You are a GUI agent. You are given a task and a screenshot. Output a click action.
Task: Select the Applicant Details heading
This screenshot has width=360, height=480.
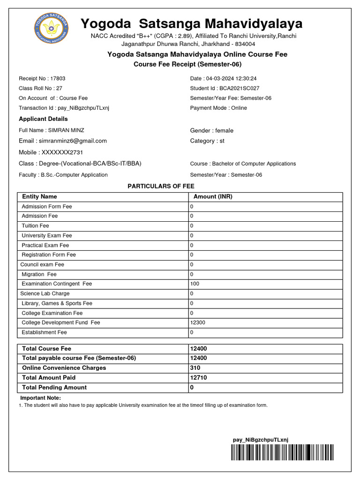43,119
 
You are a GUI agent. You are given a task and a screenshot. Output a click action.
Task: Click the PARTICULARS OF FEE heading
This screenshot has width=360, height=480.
161,186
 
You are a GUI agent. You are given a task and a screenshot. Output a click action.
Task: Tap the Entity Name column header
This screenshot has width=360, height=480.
39,197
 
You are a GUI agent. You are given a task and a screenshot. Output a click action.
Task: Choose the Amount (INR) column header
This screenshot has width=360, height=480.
213,197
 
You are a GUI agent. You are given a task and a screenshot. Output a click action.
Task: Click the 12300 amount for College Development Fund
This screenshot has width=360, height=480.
197,322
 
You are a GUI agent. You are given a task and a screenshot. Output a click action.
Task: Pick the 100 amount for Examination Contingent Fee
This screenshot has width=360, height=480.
195,284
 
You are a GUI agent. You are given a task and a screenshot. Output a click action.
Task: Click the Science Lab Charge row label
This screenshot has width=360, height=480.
45,293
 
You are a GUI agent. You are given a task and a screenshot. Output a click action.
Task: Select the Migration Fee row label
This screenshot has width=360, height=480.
39,274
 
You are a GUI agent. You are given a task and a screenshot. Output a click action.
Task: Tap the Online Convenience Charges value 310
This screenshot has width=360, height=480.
195,368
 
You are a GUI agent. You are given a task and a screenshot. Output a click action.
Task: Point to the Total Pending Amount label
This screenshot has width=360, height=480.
54,388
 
